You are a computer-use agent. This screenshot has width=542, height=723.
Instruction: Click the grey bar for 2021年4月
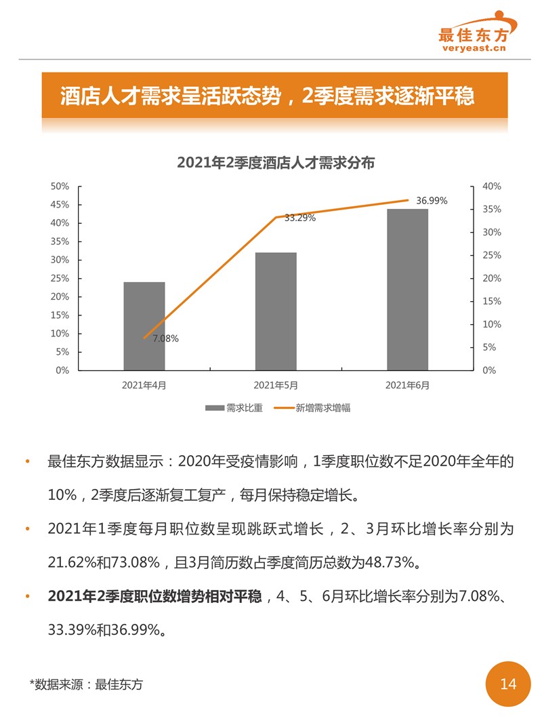(144, 326)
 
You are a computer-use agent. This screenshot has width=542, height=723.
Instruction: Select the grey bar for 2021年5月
(276, 311)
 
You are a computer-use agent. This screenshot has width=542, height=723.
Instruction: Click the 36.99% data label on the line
(432, 201)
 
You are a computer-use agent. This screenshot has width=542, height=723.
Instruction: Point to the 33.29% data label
(299, 218)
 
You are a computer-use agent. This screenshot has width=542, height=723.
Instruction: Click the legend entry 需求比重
(234, 408)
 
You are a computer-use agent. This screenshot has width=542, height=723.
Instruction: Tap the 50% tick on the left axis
(60, 187)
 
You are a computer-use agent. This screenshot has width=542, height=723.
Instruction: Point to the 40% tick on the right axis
(491, 187)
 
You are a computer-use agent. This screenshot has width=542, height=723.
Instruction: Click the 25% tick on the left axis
(60, 279)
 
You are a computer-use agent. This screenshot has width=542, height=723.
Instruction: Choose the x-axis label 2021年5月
(276, 385)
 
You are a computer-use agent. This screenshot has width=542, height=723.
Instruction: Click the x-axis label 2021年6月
(407, 385)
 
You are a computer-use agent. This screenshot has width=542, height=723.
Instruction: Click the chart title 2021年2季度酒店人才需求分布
(276, 163)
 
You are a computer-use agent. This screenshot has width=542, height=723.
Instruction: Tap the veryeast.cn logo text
(474, 48)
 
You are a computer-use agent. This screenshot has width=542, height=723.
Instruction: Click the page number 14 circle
(508, 684)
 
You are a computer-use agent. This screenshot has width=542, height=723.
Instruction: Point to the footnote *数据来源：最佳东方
(87, 684)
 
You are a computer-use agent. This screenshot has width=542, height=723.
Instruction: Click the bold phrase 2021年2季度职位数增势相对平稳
(154, 597)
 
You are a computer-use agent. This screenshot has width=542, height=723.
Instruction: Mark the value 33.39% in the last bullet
(74, 630)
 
